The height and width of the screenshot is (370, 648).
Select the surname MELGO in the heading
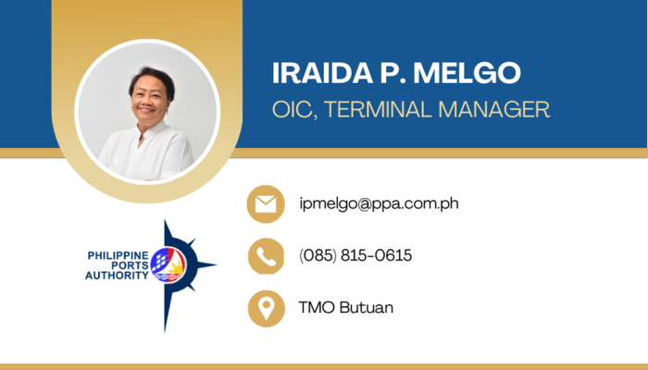pos(467,73)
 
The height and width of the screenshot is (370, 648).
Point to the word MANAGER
pos(493,109)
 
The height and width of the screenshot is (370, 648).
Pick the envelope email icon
pos(266,204)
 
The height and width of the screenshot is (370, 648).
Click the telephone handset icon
pos(267,256)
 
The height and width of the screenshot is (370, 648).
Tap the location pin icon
pos(267,308)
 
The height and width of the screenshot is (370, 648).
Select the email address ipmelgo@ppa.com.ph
pos(379,203)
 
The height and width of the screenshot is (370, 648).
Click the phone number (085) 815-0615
pos(355,255)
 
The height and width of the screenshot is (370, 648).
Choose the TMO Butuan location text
pos(345,308)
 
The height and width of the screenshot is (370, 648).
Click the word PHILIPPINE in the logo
pos(118,255)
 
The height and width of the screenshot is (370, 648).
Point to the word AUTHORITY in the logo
pos(117,276)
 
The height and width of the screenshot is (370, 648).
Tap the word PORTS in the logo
pos(130,265)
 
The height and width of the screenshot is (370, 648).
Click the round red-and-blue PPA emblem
pos(168,265)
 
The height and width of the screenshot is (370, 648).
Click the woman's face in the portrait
pos(149,100)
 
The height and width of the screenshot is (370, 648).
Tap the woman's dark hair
pos(151,80)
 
